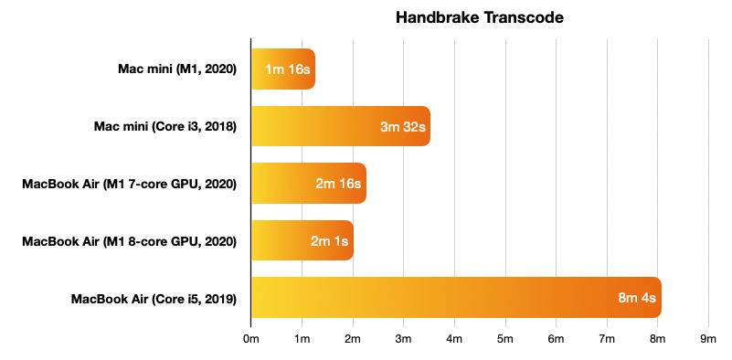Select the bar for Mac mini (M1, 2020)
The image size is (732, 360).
[x=283, y=69]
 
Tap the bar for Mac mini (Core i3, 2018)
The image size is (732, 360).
[x=340, y=126]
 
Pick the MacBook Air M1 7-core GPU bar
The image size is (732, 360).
[x=308, y=184]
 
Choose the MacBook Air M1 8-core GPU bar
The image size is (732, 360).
[x=302, y=240]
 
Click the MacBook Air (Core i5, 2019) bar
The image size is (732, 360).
[x=455, y=297]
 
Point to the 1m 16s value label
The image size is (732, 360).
[x=287, y=69]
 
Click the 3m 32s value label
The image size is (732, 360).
[x=403, y=126]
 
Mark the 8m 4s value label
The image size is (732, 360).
[x=637, y=297]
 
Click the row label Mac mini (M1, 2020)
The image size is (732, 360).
[x=177, y=69]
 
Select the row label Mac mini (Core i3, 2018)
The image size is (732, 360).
[x=165, y=126]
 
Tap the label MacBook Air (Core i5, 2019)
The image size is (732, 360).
[x=154, y=298]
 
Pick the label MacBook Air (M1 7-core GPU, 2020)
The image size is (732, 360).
[x=130, y=184]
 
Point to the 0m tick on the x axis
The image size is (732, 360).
[x=251, y=339]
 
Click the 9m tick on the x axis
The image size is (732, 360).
[x=707, y=339]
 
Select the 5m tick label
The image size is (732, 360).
[x=504, y=339]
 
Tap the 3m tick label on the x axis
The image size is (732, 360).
[x=403, y=339]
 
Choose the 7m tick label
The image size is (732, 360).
[x=606, y=339]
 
